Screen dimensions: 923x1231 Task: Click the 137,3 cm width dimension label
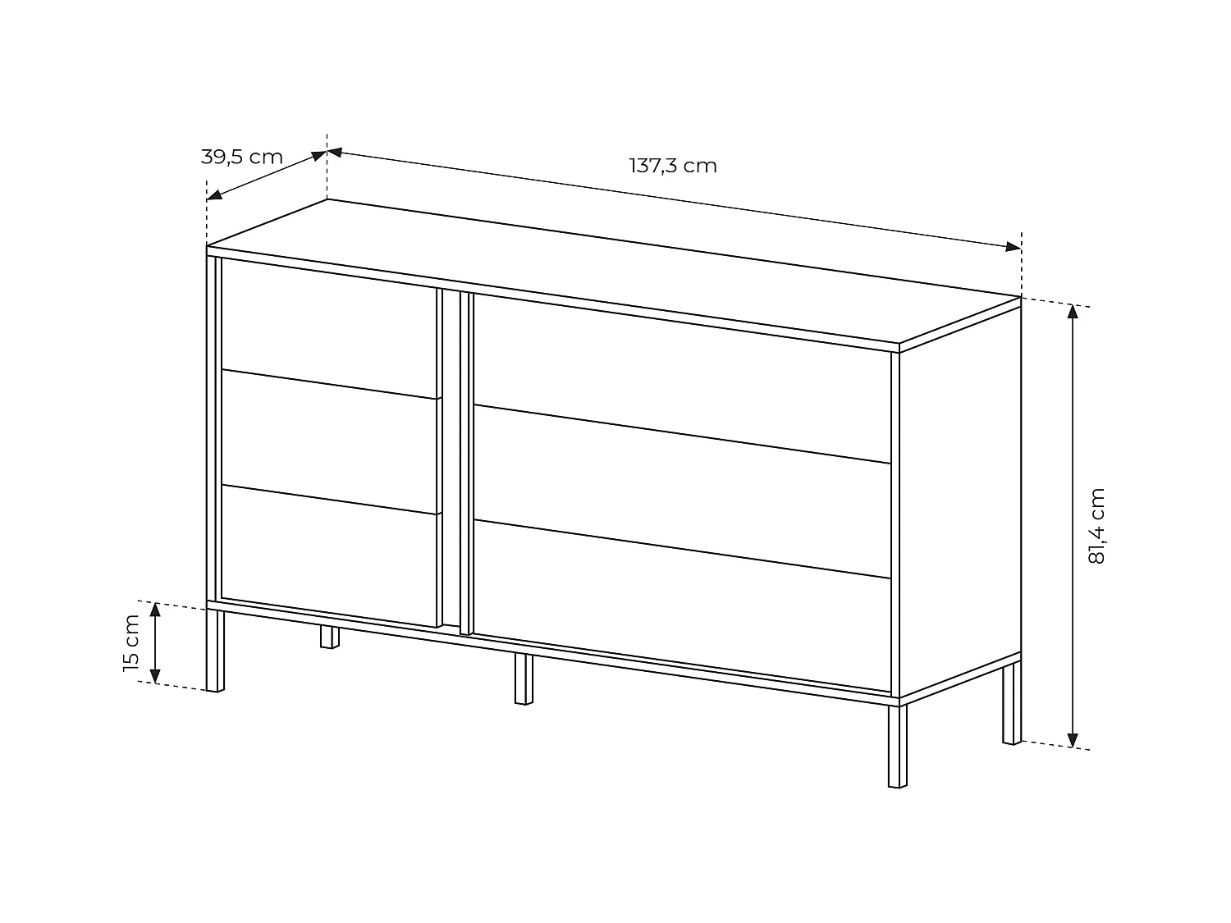pos(673,166)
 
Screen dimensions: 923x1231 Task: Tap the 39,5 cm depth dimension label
pos(241,157)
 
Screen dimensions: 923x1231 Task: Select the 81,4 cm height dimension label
pos(1097,525)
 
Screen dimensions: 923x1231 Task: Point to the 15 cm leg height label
pos(131,643)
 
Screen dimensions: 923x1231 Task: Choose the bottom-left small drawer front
pos(328,555)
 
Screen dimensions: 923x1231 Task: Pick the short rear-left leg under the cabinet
pos(329,637)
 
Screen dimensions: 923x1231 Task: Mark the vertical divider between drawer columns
pos(455,459)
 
